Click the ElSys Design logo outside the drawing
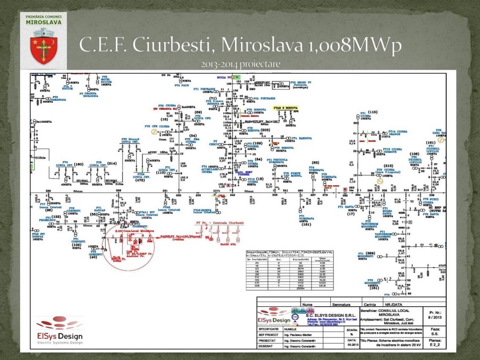pyautogui.click(x=60, y=329)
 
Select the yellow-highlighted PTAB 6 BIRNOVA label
pyautogui.click(x=286, y=108)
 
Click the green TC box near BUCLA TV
pyautogui.click(x=236, y=76)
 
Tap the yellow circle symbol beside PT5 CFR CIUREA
pyautogui.click(x=154, y=131)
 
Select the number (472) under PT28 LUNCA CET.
pyautogui.click(x=140, y=180)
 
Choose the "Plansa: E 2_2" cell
pyautogui.click(x=435, y=343)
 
